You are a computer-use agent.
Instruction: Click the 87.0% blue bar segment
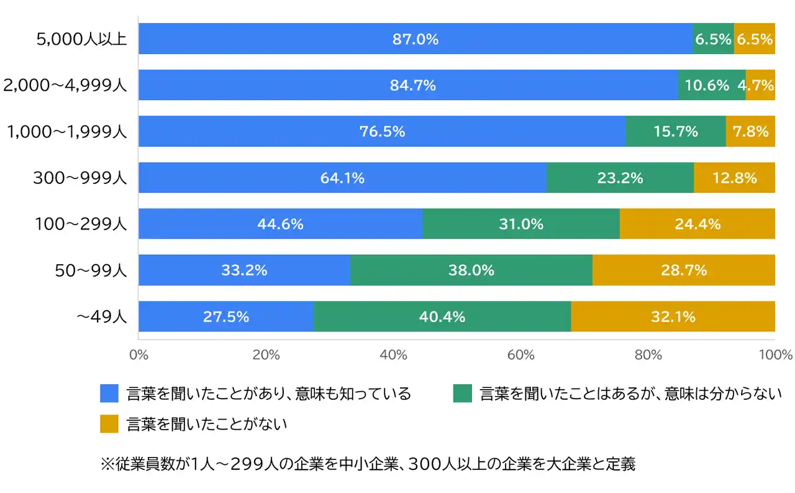pyautogui.click(x=415, y=39)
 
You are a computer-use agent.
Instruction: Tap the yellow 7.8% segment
pyautogui.click(x=750, y=132)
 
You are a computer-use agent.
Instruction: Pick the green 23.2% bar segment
pyautogui.click(x=620, y=178)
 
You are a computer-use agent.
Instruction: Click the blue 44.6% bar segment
pyautogui.click(x=280, y=224)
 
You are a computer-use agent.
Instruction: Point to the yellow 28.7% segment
pyautogui.click(x=684, y=270)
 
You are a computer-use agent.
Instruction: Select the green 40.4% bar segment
pyautogui.click(x=442, y=317)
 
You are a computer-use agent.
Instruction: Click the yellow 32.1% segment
pyautogui.click(x=673, y=317)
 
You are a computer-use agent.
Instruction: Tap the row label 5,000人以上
pyautogui.click(x=81, y=40)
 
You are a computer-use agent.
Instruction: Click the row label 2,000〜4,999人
pyautogui.click(x=65, y=86)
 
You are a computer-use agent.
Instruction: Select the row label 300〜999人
pyautogui.click(x=80, y=178)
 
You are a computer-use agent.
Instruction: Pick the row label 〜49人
pyautogui.click(x=101, y=317)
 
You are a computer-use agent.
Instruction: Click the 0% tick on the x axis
pyautogui.click(x=138, y=356)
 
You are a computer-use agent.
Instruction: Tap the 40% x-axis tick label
pyautogui.click(x=393, y=356)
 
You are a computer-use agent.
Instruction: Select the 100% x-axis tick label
pyautogui.click(x=776, y=356)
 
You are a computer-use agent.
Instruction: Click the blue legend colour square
pyautogui.click(x=109, y=394)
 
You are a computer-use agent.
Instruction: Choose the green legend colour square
pyautogui.click(x=462, y=394)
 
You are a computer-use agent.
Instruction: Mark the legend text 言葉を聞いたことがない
pyautogui.click(x=207, y=424)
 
